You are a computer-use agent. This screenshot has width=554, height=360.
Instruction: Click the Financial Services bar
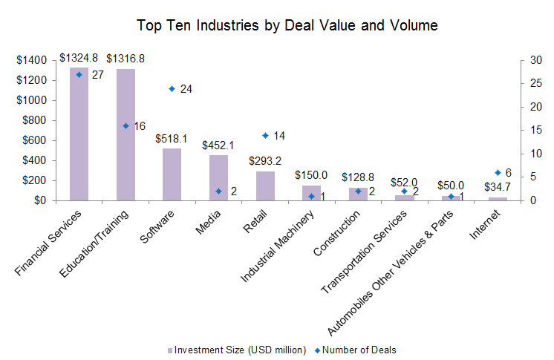coord(79,134)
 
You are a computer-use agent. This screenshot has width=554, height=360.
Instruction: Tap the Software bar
coord(172,174)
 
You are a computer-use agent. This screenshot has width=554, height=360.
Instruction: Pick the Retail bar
coord(265,186)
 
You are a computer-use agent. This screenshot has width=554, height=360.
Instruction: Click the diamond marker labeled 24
coord(172,89)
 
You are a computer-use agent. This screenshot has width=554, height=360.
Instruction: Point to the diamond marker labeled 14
coord(265,135)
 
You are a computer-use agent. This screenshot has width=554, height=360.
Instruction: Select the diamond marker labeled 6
coord(498,173)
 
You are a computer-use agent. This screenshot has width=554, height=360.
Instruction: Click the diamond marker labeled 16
coord(126,126)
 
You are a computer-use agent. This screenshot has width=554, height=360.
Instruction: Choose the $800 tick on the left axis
coord(33,120)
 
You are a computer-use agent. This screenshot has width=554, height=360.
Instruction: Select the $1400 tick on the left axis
coord(30,60)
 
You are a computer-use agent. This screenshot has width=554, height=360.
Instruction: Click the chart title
coord(287,25)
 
